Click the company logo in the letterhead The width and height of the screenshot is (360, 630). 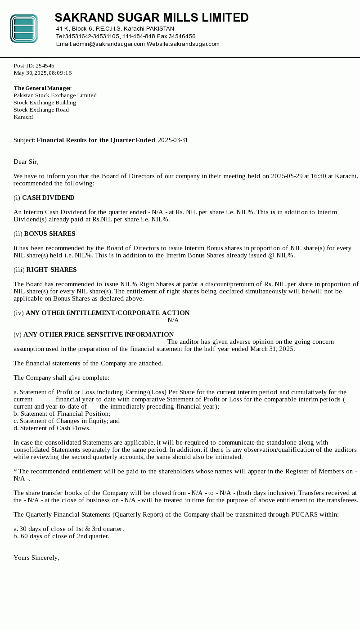[24, 29]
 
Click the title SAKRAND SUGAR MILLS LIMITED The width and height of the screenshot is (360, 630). [152, 18]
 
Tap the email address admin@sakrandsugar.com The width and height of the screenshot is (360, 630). [108, 44]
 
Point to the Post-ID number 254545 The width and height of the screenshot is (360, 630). [45, 66]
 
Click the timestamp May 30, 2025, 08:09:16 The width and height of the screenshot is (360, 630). [43, 73]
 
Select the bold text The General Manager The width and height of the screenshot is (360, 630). [43, 88]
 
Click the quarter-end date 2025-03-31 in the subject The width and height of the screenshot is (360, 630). [173, 140]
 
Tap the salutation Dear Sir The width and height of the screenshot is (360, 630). [26, 162]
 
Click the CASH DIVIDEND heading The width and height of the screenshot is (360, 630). [48, 198]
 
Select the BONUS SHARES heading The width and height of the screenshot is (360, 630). [49, 234]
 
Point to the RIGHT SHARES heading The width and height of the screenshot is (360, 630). [51, 270]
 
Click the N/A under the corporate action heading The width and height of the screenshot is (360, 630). [173, 320]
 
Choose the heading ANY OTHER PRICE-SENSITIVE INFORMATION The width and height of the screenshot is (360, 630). [99, 335]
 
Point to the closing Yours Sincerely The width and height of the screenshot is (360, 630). [36, 558]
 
